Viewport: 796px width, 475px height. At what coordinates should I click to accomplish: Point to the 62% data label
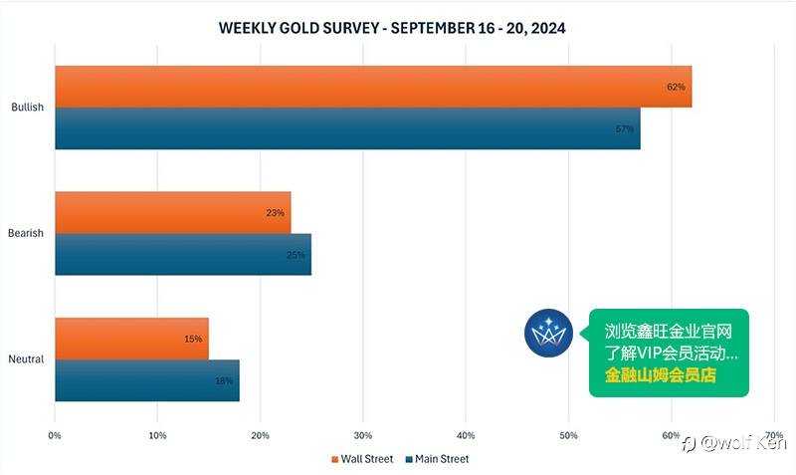click(x=677, y=87)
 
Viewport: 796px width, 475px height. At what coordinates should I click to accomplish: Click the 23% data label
click(x=276, y=213)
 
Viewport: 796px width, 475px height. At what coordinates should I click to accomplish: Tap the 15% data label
click(x=194, y=340)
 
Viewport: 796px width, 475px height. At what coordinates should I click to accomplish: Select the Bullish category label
click(x=27, y=108)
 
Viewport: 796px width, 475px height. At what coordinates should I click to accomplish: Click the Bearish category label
click(x=27, y=234)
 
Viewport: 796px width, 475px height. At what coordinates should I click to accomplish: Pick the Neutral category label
click(x=26, y=359)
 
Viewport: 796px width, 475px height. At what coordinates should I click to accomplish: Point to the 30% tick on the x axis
click(x=362, y=435)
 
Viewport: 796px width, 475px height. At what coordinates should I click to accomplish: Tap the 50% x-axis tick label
click(x=568, y=435)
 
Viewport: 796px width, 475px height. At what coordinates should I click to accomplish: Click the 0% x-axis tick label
click(x=55, y=435)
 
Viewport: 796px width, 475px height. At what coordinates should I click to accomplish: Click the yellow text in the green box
click(x=661, y=376)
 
